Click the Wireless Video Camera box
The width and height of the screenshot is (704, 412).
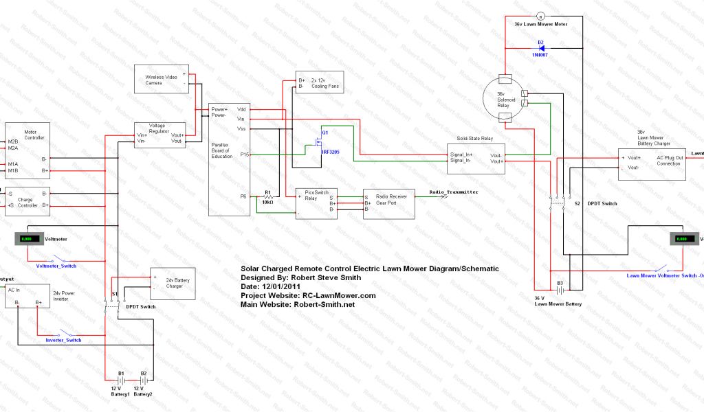(x=163, y=80)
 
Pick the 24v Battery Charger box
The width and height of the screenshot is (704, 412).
(x=173, y=283)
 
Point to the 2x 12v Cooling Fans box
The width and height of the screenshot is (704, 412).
(x=319, y=82)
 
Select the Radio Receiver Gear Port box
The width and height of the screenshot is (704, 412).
(x=389, y=203)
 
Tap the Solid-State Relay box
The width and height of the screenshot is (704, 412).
(x=476, y=156)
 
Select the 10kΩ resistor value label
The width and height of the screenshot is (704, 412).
(x=268, y=202)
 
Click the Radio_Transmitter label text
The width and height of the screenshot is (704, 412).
(x=454, y=192)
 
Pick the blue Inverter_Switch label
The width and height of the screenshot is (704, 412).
(x=63, y=340)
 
